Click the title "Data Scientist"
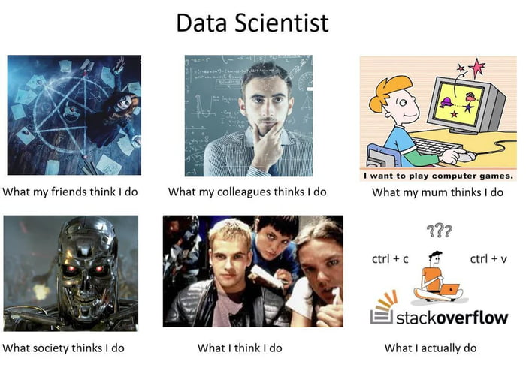(252, 23)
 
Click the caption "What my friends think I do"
(70, 192)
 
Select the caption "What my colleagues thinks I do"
(247, 192)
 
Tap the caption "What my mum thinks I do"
(437, 192)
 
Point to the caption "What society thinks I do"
(64, 348)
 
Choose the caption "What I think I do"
(240, 348)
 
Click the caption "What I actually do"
(430, 348)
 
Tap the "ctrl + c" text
(390, 259)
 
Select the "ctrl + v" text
(488, 259)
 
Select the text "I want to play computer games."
(438, 176)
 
